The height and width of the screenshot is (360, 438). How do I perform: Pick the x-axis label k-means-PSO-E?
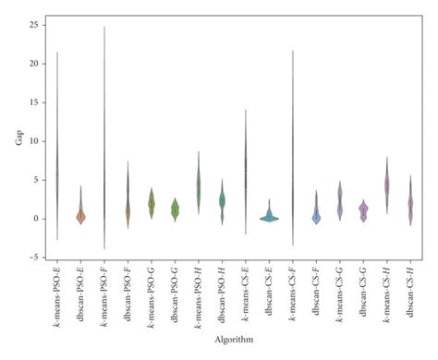tap(57, 293)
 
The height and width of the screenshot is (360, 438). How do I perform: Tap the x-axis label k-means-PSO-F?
tap(104, 293)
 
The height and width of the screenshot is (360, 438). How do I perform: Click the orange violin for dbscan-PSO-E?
tap(80, 214)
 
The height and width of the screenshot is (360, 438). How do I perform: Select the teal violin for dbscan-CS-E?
tap(269, 218)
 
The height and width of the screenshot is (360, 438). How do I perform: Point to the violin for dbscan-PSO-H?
tap(222, 200)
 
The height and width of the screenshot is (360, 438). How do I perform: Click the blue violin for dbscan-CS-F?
tap(316, 215)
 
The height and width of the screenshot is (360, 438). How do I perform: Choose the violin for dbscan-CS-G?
tap(363, 211)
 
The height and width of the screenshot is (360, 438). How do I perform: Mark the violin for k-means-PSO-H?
tap(199, 187)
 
